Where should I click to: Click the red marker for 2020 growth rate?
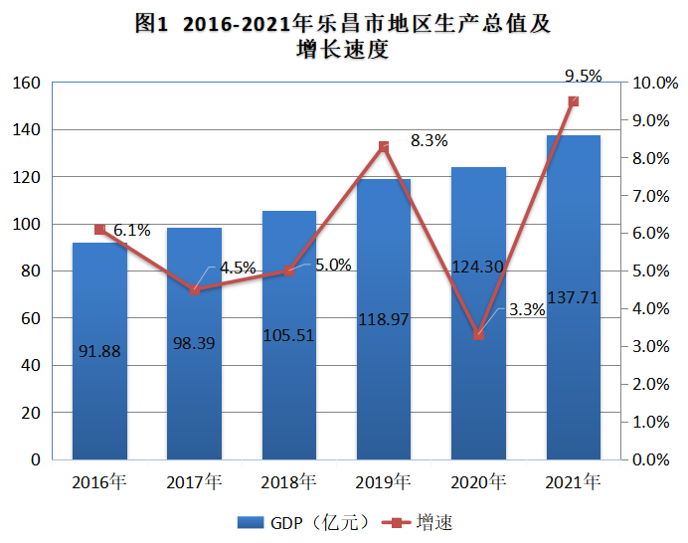[478, 335]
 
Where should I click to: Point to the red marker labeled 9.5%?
[573, 101]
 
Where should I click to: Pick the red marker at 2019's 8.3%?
[384, 147]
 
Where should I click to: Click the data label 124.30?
[478, 266]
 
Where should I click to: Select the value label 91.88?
[99, 350]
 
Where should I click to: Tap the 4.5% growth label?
[238, 268]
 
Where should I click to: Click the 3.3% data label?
[526, 309]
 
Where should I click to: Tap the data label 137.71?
[573, 297]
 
